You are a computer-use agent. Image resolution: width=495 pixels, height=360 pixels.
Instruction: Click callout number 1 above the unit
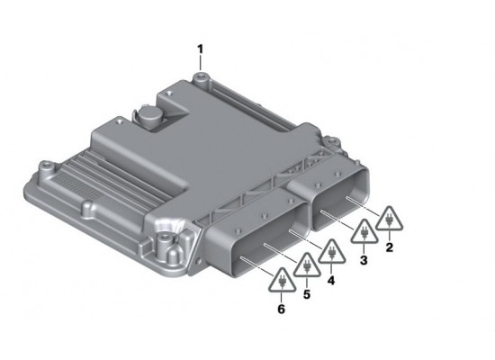point(201,47)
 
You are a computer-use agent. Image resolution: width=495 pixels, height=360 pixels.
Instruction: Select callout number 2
point(389,246)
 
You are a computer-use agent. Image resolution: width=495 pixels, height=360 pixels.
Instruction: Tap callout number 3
point(364,260)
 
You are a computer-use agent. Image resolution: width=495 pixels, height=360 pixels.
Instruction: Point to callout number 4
point(330,280)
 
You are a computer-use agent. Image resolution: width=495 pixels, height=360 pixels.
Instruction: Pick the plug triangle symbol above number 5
point(307,267)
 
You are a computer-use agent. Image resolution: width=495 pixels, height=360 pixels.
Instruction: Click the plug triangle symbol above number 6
point(282,282)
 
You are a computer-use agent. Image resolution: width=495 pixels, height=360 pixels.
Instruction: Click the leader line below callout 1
point(201,63)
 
